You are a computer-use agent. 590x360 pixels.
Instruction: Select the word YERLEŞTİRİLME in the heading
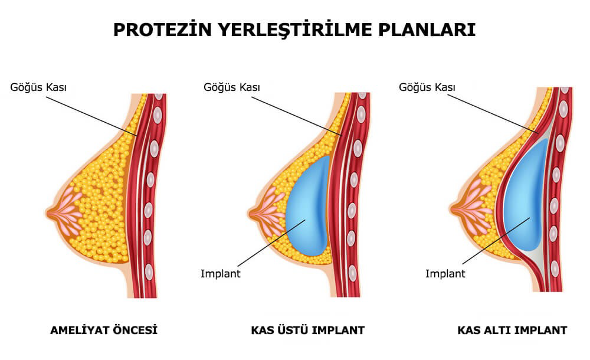(295, 30)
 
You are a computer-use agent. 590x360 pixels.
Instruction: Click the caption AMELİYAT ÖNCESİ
(104, 330)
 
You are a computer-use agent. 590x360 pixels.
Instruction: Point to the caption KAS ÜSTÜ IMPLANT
(308, 330)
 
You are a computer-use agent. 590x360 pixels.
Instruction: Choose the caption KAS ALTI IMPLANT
(512, 330)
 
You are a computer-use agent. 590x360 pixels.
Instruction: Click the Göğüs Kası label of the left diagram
(38, 87)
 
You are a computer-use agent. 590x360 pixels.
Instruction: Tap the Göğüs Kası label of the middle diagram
(232, 87)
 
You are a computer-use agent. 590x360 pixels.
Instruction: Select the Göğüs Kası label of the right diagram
(427, 87)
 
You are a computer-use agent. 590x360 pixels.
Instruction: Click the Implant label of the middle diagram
(221, 273)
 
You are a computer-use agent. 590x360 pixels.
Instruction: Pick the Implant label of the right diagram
(445, 273)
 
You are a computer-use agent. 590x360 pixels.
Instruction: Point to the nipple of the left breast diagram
(50, 213)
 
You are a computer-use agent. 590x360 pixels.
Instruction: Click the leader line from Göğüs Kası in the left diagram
(92, 116)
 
